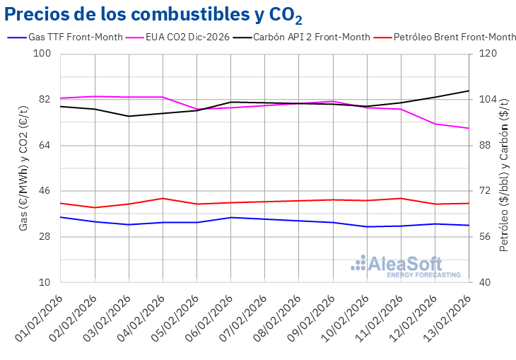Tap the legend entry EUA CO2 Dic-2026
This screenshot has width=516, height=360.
coord(187,37)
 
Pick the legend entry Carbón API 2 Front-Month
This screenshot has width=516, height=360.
coord(312,37)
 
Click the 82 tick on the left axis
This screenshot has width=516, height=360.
coord(45,100)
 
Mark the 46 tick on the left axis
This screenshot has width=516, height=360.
coord(45,191)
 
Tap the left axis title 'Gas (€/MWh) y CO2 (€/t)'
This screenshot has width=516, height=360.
coord(23,168)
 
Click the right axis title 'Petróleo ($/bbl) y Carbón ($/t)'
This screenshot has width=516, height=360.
coord(504,168)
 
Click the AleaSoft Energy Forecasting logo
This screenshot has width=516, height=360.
coord(406,266)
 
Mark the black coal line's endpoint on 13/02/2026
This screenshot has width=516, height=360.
coord(469,91)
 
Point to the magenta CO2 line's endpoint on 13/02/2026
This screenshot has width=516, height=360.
coord(469,128)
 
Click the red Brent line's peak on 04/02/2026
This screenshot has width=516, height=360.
coord(163,198)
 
